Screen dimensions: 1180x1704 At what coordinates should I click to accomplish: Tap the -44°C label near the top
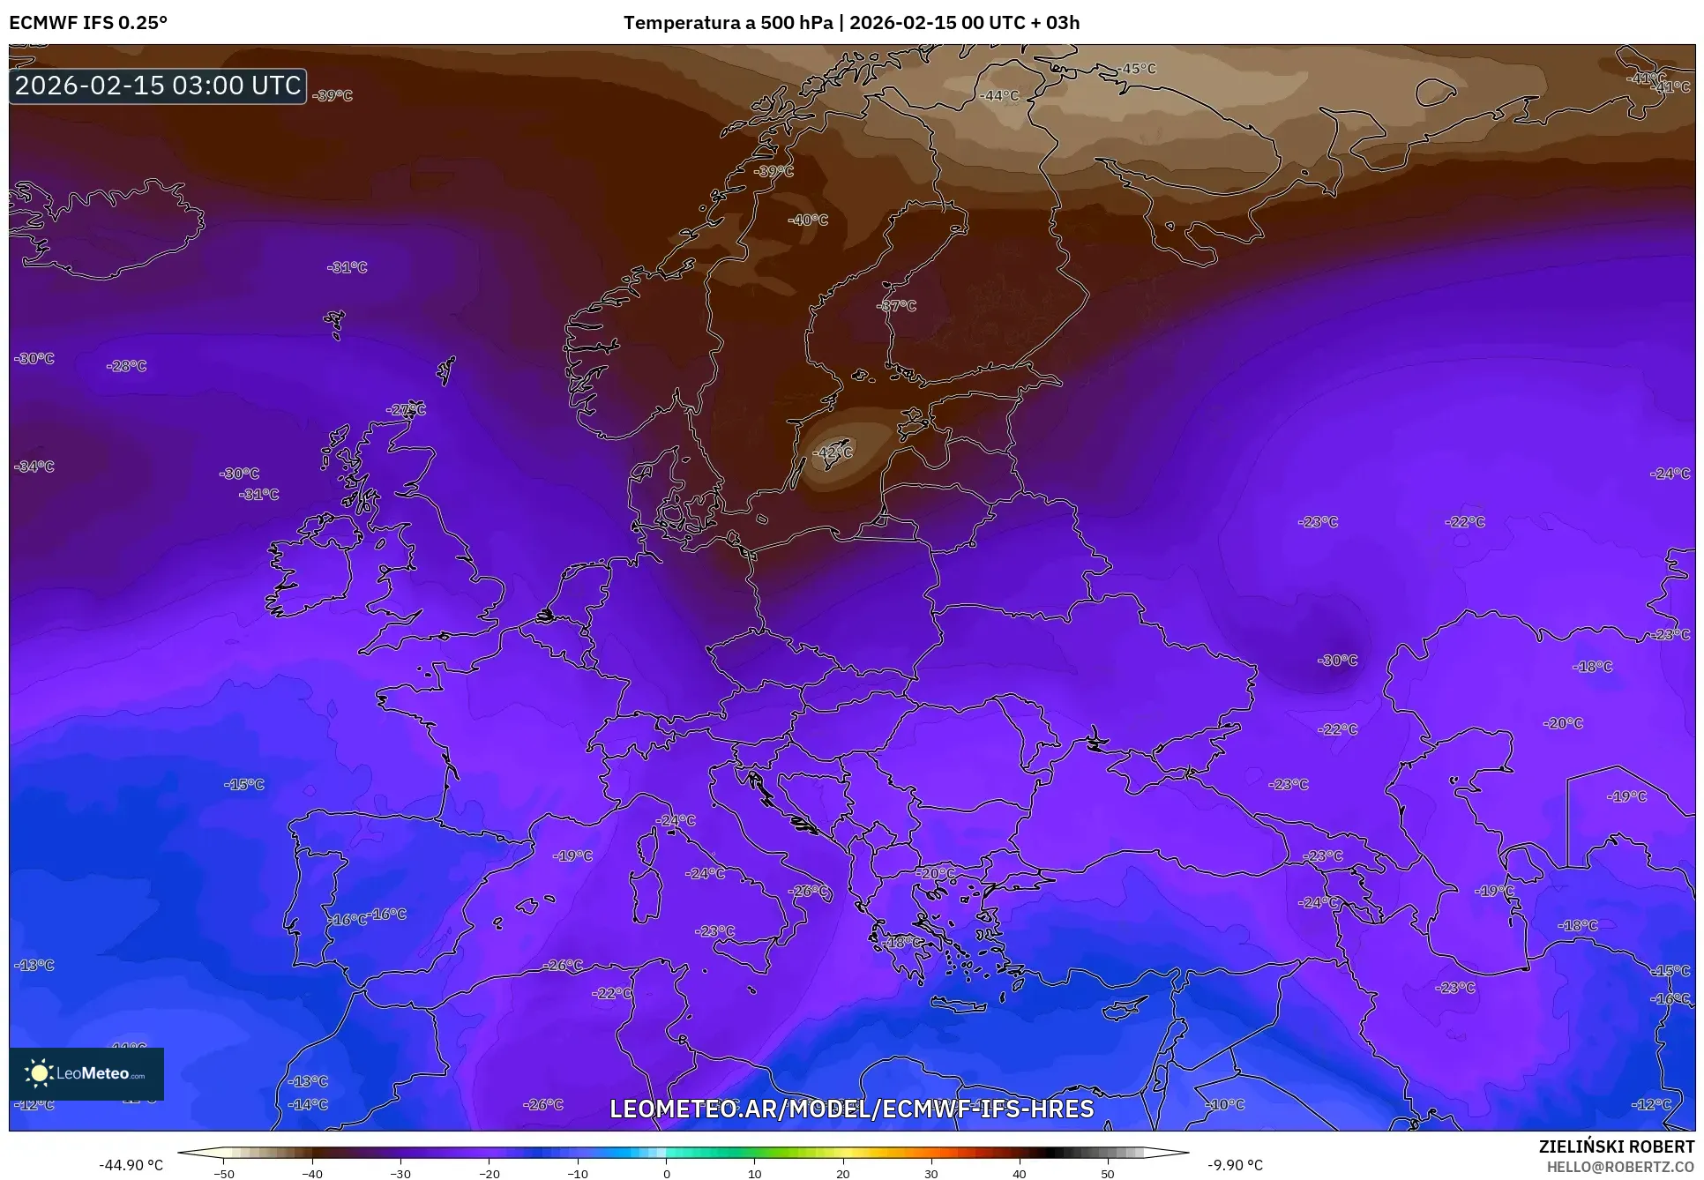coord(999,96)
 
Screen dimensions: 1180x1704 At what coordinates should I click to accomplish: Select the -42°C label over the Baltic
coord(833,452)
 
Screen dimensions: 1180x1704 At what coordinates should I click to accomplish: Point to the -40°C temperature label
coord(808,220)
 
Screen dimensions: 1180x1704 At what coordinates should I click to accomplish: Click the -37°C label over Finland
coord(897,306)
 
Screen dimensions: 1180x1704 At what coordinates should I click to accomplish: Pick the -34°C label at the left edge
coord(34,467)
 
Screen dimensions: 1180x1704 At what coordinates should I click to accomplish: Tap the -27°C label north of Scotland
coord(406,409)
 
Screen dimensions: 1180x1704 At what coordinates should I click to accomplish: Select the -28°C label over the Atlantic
coord(126,366)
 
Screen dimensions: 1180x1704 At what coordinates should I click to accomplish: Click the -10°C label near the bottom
coord(1225,1104)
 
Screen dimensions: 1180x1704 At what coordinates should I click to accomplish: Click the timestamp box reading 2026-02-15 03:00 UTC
coord(158,86)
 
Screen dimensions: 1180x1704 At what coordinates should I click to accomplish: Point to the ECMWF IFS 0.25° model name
coord(88,22)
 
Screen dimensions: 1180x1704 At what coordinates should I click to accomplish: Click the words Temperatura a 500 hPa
coord(728,22)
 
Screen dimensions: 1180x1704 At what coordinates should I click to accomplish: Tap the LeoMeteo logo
coord(86,1073)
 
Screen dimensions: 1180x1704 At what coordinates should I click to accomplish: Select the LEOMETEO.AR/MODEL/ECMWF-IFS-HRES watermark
coord(851,1109)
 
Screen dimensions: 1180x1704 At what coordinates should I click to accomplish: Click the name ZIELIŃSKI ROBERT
coord(1616,1146)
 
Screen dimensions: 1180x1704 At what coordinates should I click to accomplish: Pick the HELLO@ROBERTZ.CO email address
coord(1620,1166)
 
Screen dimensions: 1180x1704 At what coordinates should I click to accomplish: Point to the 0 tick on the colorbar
coord(666,1173)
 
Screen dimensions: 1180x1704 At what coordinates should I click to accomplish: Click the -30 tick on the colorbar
coord(400,1173)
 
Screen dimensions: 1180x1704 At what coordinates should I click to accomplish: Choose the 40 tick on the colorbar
coord(1020,1173)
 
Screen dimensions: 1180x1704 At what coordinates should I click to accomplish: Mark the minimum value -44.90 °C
coord(131,1165)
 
